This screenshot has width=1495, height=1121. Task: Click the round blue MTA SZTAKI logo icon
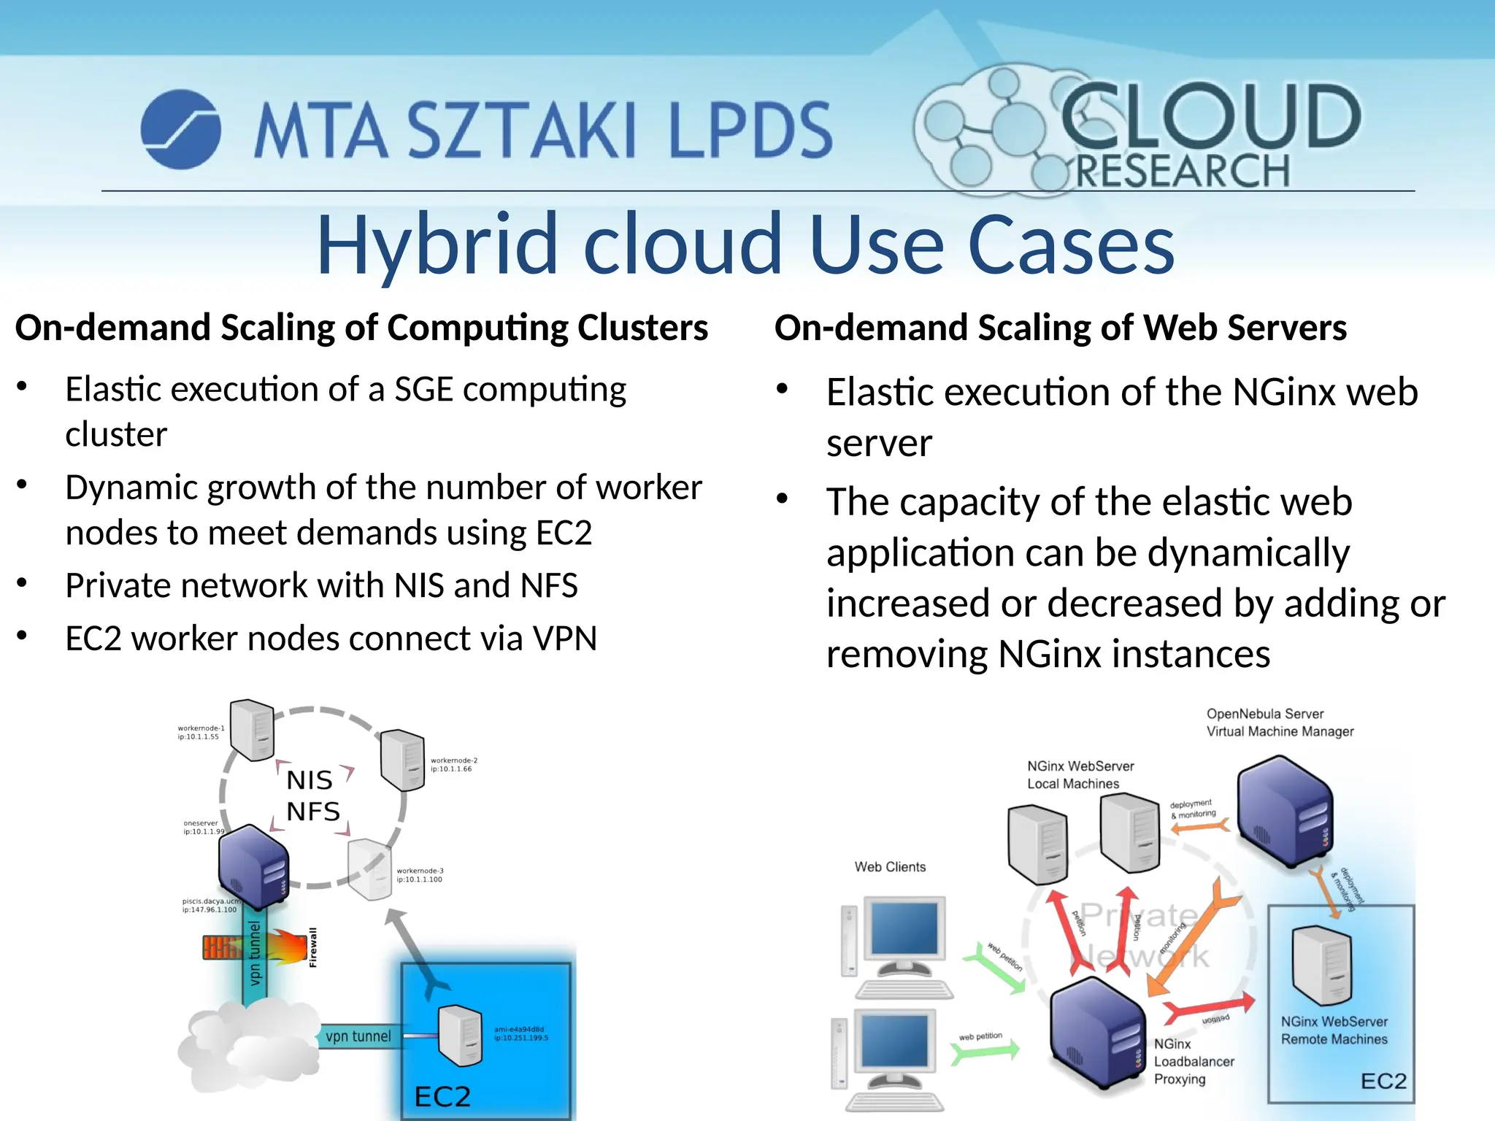point(180,129)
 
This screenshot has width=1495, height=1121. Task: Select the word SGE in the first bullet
point(423,390)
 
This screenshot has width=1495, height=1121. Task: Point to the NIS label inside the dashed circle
point(310,780)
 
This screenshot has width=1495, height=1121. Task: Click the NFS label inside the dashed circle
point(313,812)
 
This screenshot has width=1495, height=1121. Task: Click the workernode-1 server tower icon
point(252,730)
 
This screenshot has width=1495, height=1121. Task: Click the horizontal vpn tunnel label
point(358,1036)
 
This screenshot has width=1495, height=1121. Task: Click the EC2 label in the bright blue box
point(442,1096)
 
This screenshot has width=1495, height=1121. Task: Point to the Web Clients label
point(890,867)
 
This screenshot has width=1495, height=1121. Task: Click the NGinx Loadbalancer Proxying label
point(1194,1062)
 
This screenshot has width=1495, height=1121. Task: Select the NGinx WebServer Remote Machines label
point(1334,1031)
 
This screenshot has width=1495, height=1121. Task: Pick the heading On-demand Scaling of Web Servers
point(1060,328)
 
